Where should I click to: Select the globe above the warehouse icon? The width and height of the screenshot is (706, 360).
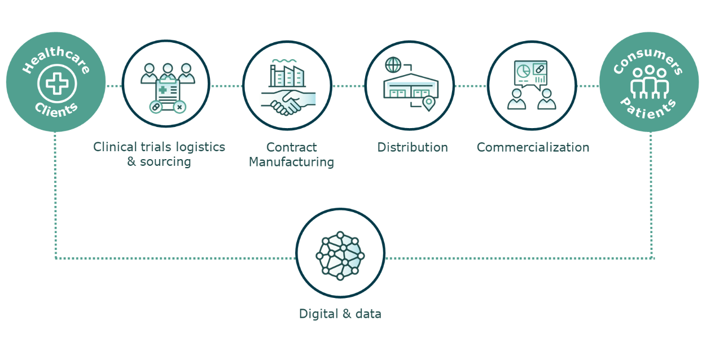coord(392,65)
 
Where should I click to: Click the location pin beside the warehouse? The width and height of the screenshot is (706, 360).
coord(429,103)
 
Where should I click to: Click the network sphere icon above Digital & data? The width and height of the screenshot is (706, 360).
coord(340,255)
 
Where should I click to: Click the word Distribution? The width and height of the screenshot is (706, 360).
coord(412,148)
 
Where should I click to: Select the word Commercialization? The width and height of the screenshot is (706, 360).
coord(533,148)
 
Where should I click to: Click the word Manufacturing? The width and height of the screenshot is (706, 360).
coord(291,163)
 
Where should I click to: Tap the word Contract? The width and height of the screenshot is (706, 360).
coord(291,148)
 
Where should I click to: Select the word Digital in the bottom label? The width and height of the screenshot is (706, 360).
coord(318,314)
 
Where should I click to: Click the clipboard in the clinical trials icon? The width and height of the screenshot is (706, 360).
coord(168,94)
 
